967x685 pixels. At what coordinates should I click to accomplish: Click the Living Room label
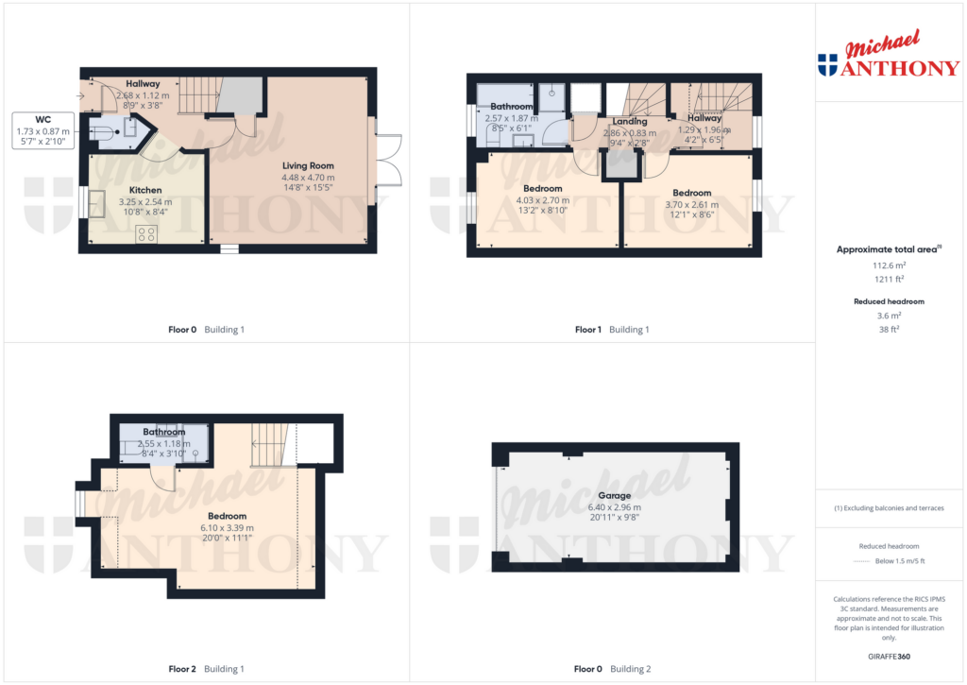[308, 165]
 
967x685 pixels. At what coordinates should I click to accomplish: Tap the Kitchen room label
[145, 190]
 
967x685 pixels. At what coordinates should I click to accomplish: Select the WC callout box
[43, 130]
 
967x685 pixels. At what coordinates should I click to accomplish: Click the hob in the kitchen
[146, 234]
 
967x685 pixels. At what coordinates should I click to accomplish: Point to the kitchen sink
[97, 204]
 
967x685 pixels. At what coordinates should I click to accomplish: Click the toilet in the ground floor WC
[103, 131]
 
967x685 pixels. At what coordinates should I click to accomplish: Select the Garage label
[614, 495]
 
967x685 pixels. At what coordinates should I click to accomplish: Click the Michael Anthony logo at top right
[889, 54]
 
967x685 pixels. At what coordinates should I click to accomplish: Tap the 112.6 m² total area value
[889, 265]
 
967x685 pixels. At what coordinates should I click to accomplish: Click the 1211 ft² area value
[889, 279]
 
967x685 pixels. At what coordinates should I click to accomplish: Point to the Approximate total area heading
[889, 249]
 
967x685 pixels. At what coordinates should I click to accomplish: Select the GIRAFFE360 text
[889, 657]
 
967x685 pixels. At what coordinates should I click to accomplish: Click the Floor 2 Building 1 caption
[207, 669]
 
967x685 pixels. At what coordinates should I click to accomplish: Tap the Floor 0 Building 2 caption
[612, 669]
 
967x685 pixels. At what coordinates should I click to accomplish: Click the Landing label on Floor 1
[630, 122]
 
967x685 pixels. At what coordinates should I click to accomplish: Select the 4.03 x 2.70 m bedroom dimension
[543, 200]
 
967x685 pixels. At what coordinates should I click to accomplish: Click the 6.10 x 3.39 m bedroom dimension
[227, 527]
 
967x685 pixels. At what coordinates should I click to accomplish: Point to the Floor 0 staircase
[199, 95]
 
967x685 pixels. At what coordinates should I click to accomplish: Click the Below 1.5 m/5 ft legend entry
[889, 561]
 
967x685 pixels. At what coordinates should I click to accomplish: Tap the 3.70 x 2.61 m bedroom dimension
[692, 204]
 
